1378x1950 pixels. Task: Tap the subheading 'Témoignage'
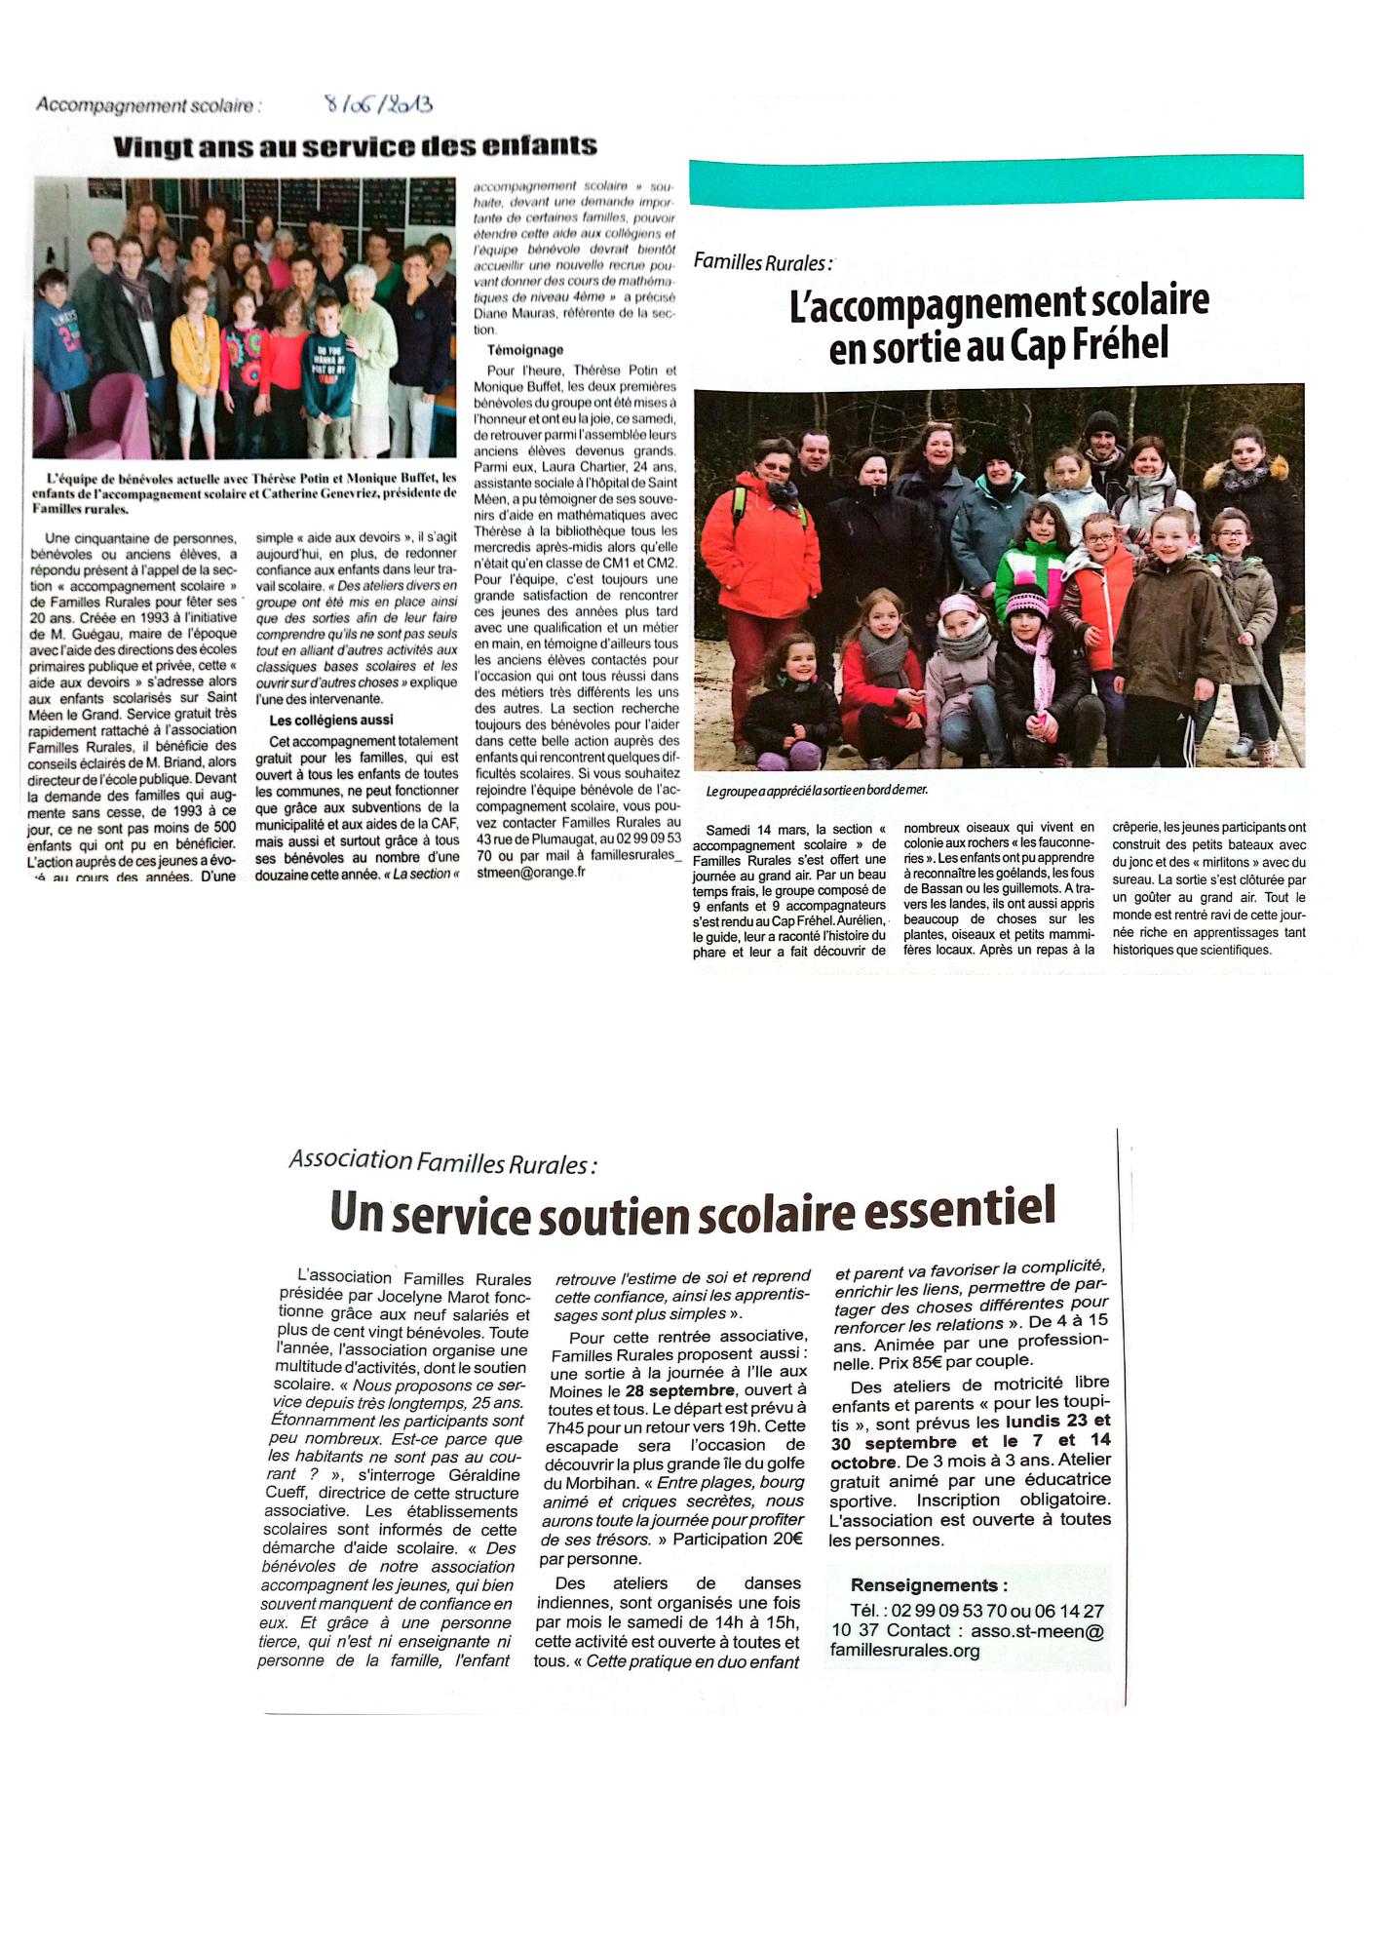tap(525, 350)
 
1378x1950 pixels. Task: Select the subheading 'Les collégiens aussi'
tap(331, 721)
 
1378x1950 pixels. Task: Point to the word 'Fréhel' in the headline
tap(1120, 344)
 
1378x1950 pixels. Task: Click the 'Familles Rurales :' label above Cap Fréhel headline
tap(763, 263)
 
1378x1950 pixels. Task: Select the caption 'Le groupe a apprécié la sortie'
tap(817, 791)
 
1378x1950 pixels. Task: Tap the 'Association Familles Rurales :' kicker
tap(442, 1161)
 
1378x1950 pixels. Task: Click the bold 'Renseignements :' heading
tap(929, 1585)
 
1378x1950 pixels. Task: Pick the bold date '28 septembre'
tap(680, 1390)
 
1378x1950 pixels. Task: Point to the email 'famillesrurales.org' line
tap(904, 1651)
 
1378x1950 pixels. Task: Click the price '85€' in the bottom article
tap(928, 1361)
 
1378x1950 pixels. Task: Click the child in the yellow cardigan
tap(195, 361)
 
